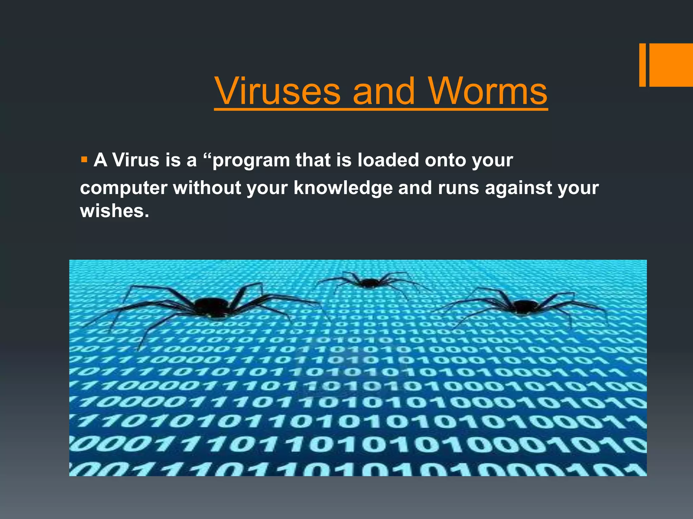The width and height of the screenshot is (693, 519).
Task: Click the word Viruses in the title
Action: point(277,91)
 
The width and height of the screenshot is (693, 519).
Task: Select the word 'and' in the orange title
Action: point(384,91)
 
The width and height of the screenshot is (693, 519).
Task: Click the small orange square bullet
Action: point(84,159)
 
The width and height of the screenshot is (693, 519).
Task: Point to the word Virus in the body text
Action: point(136,160)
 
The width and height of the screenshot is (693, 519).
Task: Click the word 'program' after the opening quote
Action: point(251,160)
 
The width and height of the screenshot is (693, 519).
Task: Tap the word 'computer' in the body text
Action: point(124,188)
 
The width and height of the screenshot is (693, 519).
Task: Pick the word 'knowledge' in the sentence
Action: point(343,188)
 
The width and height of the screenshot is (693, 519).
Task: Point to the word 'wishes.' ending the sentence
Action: point(114,211)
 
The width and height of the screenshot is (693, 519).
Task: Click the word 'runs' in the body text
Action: point(459,188)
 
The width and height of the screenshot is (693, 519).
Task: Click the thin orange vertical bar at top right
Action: point(642,65)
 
